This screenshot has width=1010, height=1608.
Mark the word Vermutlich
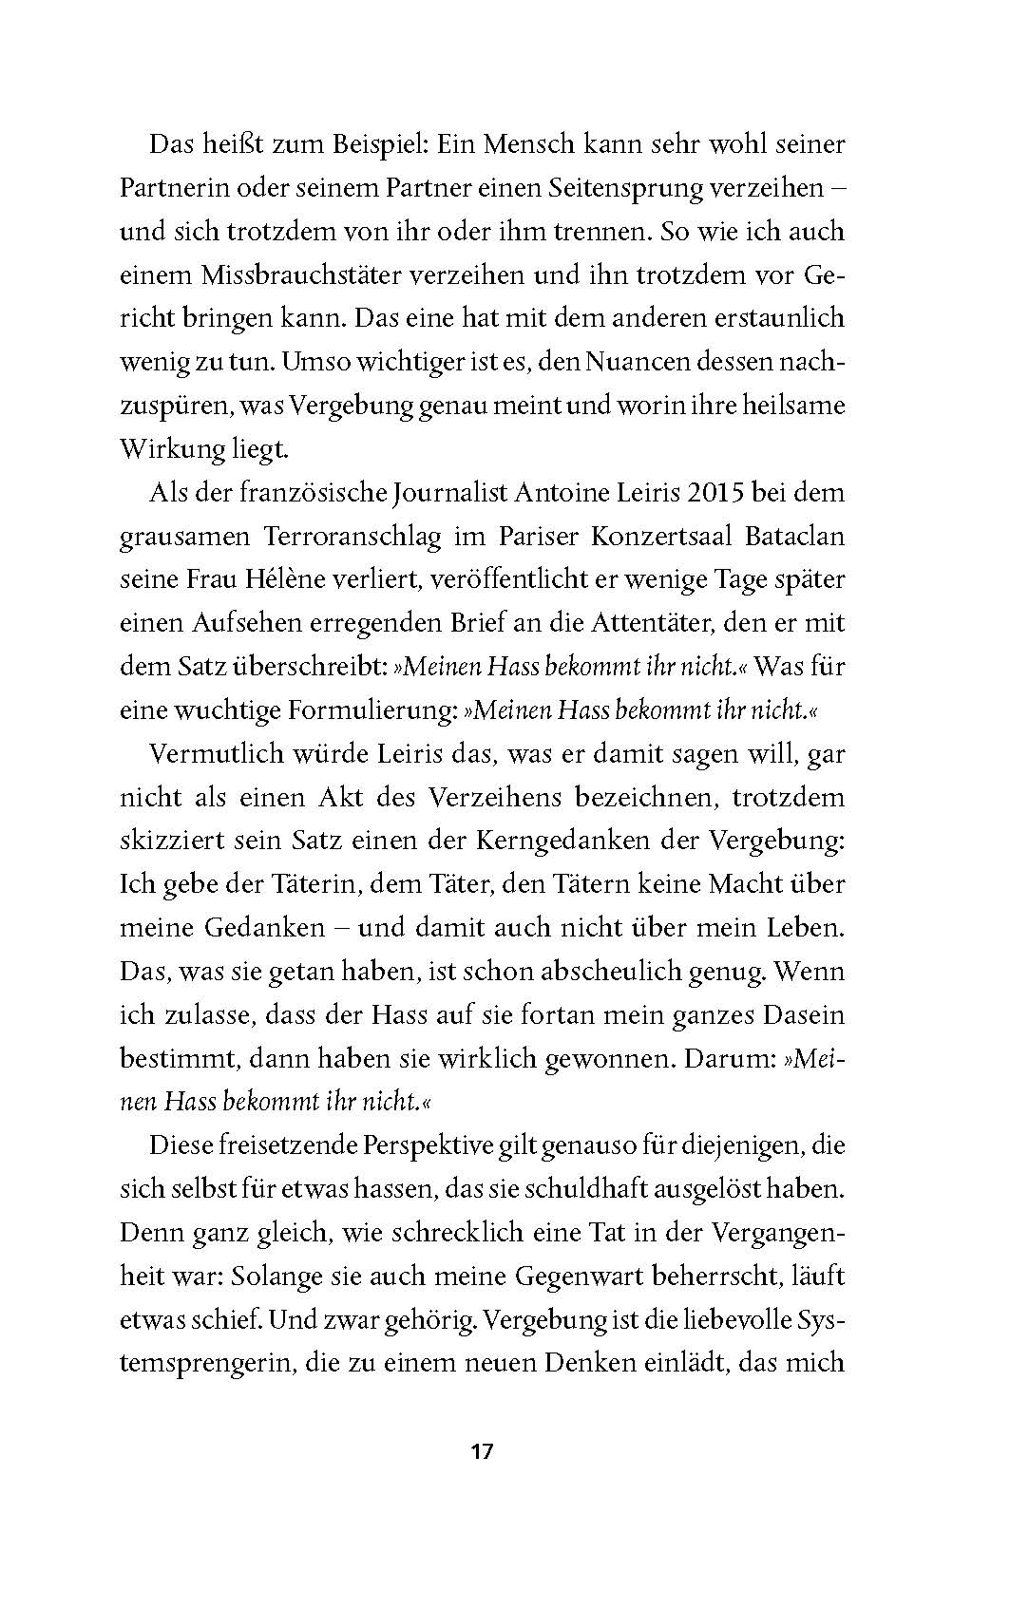217,755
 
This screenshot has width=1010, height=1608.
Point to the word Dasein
797,1016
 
